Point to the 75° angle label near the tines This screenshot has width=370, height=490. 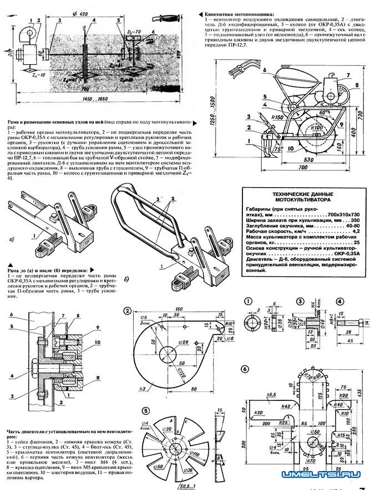coord(277,148)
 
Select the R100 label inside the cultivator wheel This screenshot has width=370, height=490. coord(316,128)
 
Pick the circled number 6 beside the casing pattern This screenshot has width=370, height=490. coord(245,369)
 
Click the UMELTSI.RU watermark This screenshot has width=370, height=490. coord(324,474)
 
